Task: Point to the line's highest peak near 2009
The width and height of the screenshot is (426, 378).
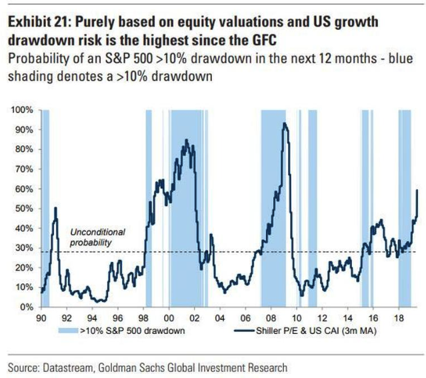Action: [285, 123]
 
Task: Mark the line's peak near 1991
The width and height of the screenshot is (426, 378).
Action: [55, 209]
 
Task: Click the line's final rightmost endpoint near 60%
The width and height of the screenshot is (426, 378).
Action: [417, 190]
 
